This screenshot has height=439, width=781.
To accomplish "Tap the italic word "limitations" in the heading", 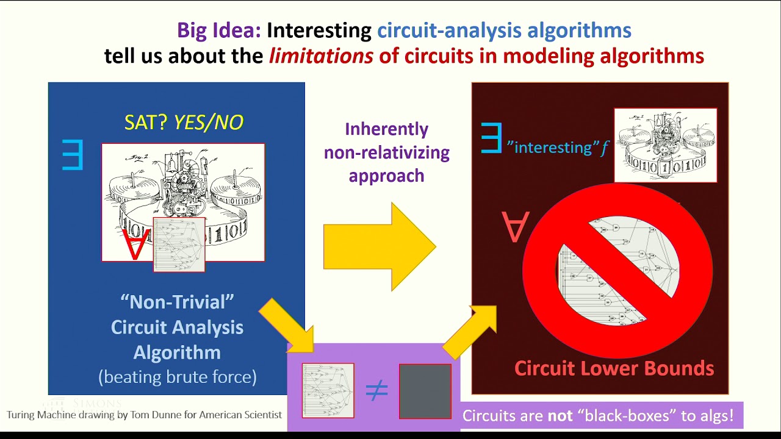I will [x=321, y=56].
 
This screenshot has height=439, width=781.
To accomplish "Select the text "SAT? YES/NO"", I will [x=184, y=123].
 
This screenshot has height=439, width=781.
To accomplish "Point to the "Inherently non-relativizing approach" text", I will [x=386, y=152].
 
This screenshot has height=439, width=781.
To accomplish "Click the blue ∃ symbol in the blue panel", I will [x=72, y=155].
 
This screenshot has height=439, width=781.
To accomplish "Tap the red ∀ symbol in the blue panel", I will [x=136, y=243].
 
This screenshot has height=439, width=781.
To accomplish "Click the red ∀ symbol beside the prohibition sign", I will [x=516, y=227].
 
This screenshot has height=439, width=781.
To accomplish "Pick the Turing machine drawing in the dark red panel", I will [x=665, y=145].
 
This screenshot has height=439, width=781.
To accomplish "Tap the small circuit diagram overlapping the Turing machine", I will [x=179, y=244].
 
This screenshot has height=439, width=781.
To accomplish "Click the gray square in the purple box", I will [x=425, y=391].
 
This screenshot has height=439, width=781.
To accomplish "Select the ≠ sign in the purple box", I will [x=376, y=391].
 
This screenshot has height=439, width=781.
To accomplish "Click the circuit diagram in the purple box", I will [x=328, y=391].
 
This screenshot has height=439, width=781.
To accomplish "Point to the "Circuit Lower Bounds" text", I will [x=614, y=368].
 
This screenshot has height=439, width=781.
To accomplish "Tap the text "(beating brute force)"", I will [x=178, y=377].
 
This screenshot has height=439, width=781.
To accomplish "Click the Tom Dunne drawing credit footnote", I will [x=144, y=415].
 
